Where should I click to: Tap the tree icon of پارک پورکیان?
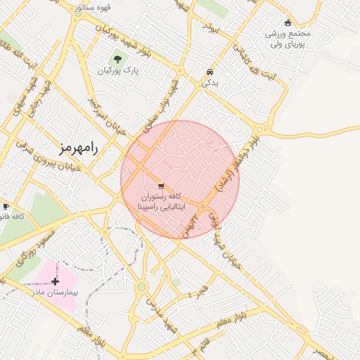(117, 60)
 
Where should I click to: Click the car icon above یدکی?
(210, 72)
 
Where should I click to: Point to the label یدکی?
(210, 83)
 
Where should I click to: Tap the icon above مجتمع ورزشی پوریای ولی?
(288, 22)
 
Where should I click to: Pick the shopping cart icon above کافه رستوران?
(162, 186)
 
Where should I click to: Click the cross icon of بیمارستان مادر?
(55, 281)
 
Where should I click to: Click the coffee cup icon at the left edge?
(6, 206)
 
